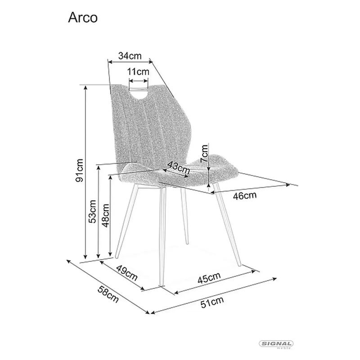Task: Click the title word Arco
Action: pos(83,18)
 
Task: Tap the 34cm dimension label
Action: pos(130,56)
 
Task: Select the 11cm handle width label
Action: pos(138,72)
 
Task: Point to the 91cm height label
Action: pos(79,170)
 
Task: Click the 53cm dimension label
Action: pos(93,211)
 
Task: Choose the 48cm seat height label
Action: pos(106,216)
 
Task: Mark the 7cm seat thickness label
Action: pos(204,153)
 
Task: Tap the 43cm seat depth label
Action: pos(179,167)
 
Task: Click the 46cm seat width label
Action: pos(245,196)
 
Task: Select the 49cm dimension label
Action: pos(127,273)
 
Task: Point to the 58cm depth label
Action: pos(108,295)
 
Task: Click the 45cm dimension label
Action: pos(209,278)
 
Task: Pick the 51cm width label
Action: pos(212,302)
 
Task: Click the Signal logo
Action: pos(276,344)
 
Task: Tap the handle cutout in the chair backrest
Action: pos(139,93)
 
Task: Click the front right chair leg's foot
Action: pos(239,265)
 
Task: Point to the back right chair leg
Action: pos(184,216)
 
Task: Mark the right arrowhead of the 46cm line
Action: pos(288,184)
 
